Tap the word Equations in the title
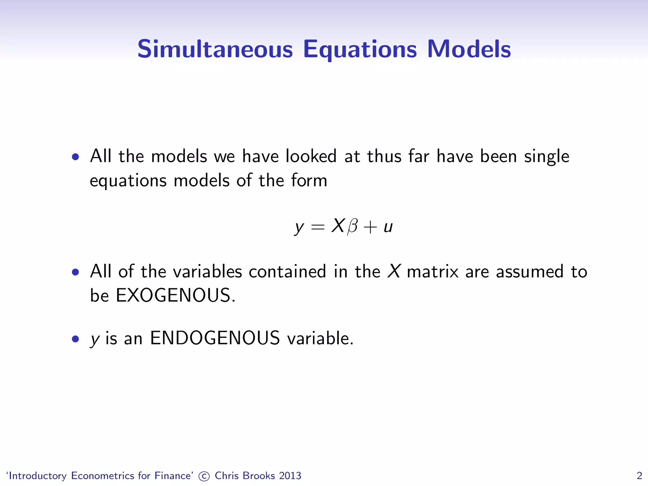[x=360, y=50]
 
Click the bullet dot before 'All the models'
[x=75, y=157]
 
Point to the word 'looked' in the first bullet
[x=311, y=156]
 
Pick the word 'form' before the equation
[x=309, y=180]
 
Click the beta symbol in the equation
[x=352, y=227]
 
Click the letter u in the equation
[x=388, y=227]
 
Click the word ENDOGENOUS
[x=215, y=338]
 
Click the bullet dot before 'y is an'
[x=75, y=339]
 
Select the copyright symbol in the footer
[x=204, y=476]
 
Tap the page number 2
[x=639, y=476]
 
